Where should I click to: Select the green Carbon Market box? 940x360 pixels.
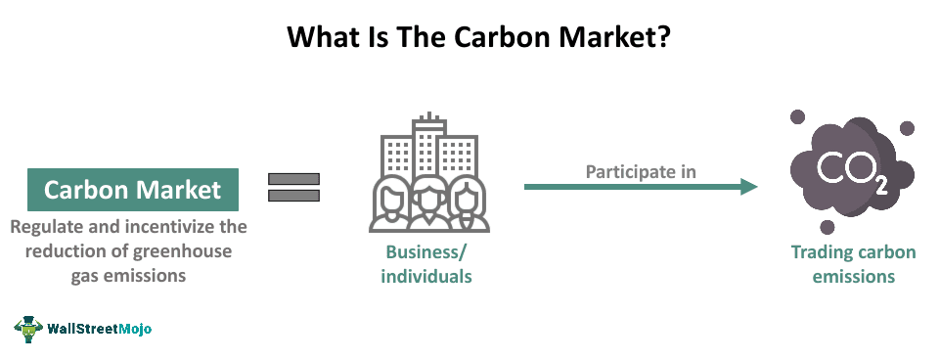tap(133, 189)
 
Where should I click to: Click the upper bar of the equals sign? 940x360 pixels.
tap(294, 179)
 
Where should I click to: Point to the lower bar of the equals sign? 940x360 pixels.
tap(294, 196)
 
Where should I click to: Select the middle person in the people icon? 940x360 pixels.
tap(427, 202)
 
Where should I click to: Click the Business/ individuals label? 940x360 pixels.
tap(426, 264)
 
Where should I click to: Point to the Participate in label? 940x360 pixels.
tap(641, 171)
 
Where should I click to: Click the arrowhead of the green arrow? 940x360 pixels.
tap(749, 186)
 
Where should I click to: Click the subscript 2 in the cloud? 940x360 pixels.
tap(881, 187)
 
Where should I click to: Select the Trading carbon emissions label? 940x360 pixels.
tap(853, 264)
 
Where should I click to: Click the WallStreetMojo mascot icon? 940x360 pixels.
tap(28, 329)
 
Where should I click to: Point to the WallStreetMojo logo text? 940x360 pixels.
tap(100, 330)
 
